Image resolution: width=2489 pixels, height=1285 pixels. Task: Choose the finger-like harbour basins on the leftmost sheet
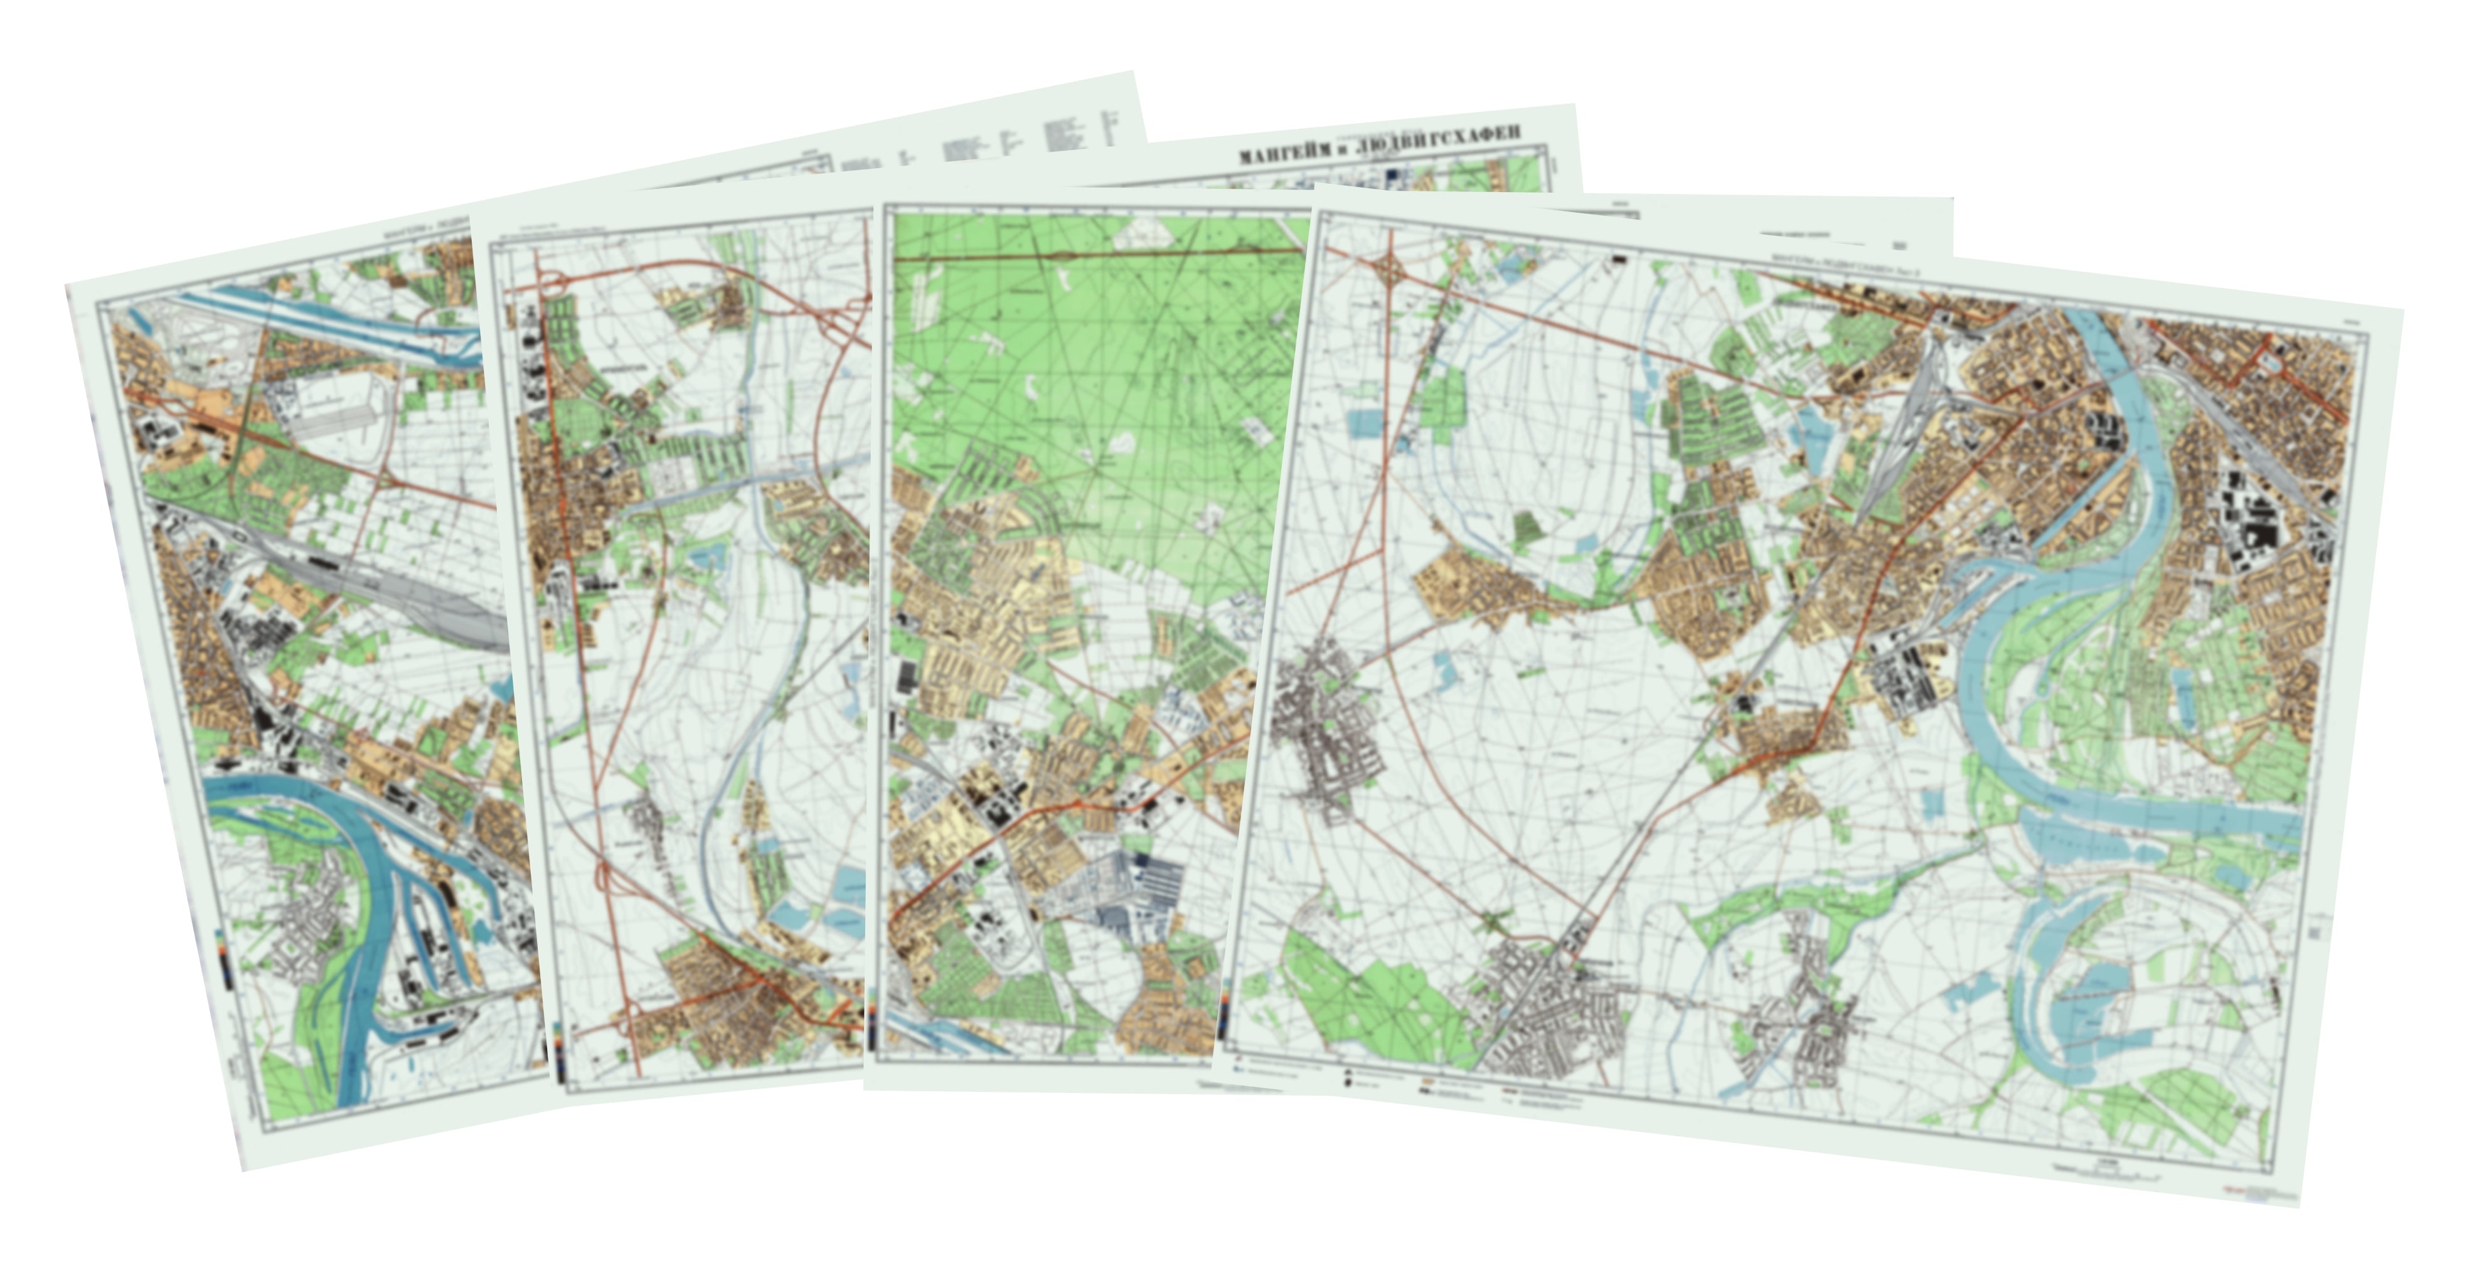pos(425,927)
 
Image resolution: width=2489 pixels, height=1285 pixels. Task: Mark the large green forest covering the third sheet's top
pos(1092,367)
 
